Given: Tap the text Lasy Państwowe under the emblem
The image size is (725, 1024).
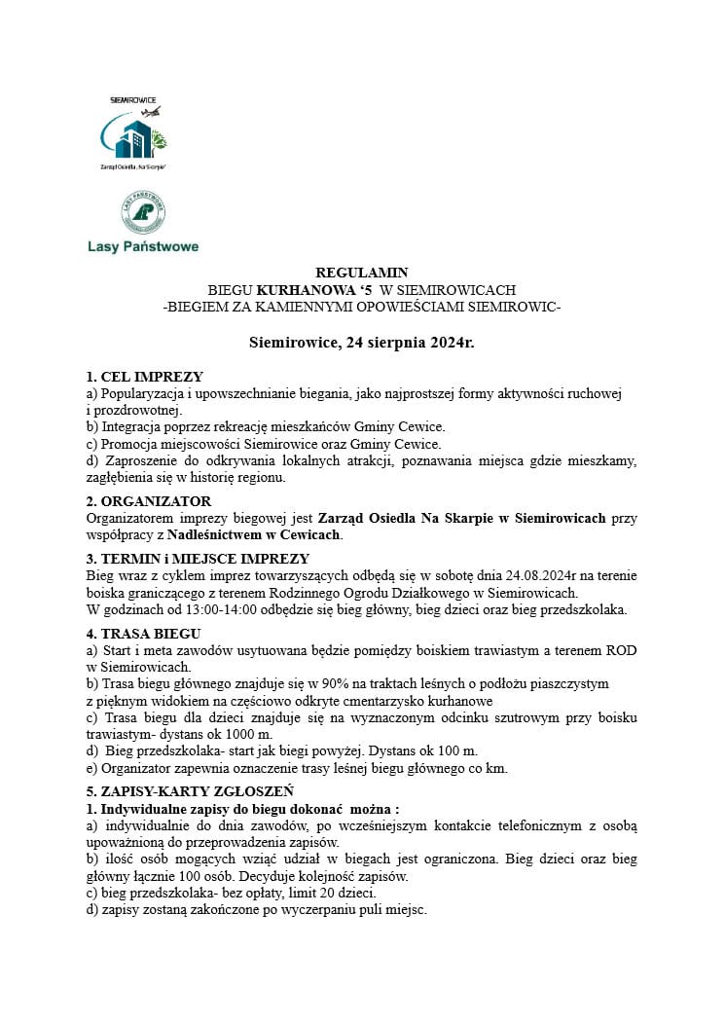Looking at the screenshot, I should coord(143,247).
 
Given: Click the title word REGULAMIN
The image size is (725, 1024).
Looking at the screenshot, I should coord(362,274).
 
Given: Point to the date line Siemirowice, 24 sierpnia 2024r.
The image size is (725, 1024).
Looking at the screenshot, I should coord(362,343).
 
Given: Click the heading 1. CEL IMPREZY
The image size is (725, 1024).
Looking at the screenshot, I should coord(145,377).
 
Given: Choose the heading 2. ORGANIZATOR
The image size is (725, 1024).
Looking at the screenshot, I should coord(149,501).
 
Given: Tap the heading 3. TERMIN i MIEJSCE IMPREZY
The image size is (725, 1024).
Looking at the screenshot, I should coord(198,559).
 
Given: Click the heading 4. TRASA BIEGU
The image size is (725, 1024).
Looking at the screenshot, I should coord(145,634).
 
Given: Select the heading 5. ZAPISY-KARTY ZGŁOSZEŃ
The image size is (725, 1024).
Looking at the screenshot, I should coord(190,791).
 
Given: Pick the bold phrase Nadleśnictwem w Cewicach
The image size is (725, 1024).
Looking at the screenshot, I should coord(254,535).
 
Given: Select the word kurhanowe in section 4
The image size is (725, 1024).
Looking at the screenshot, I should coord(462,701).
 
